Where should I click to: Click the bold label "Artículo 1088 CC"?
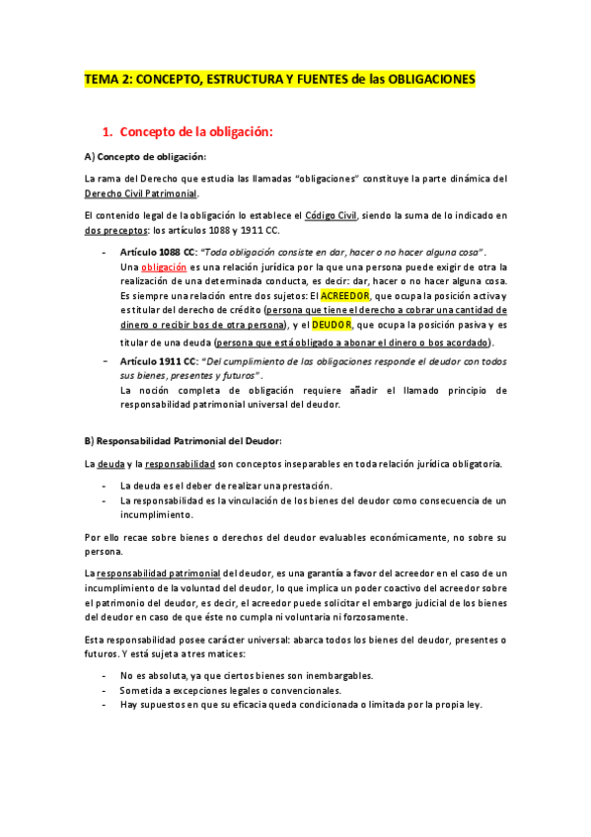coord(159,253)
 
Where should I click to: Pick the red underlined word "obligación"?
coord(163,267)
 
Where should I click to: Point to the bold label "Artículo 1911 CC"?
coord(159,361)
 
